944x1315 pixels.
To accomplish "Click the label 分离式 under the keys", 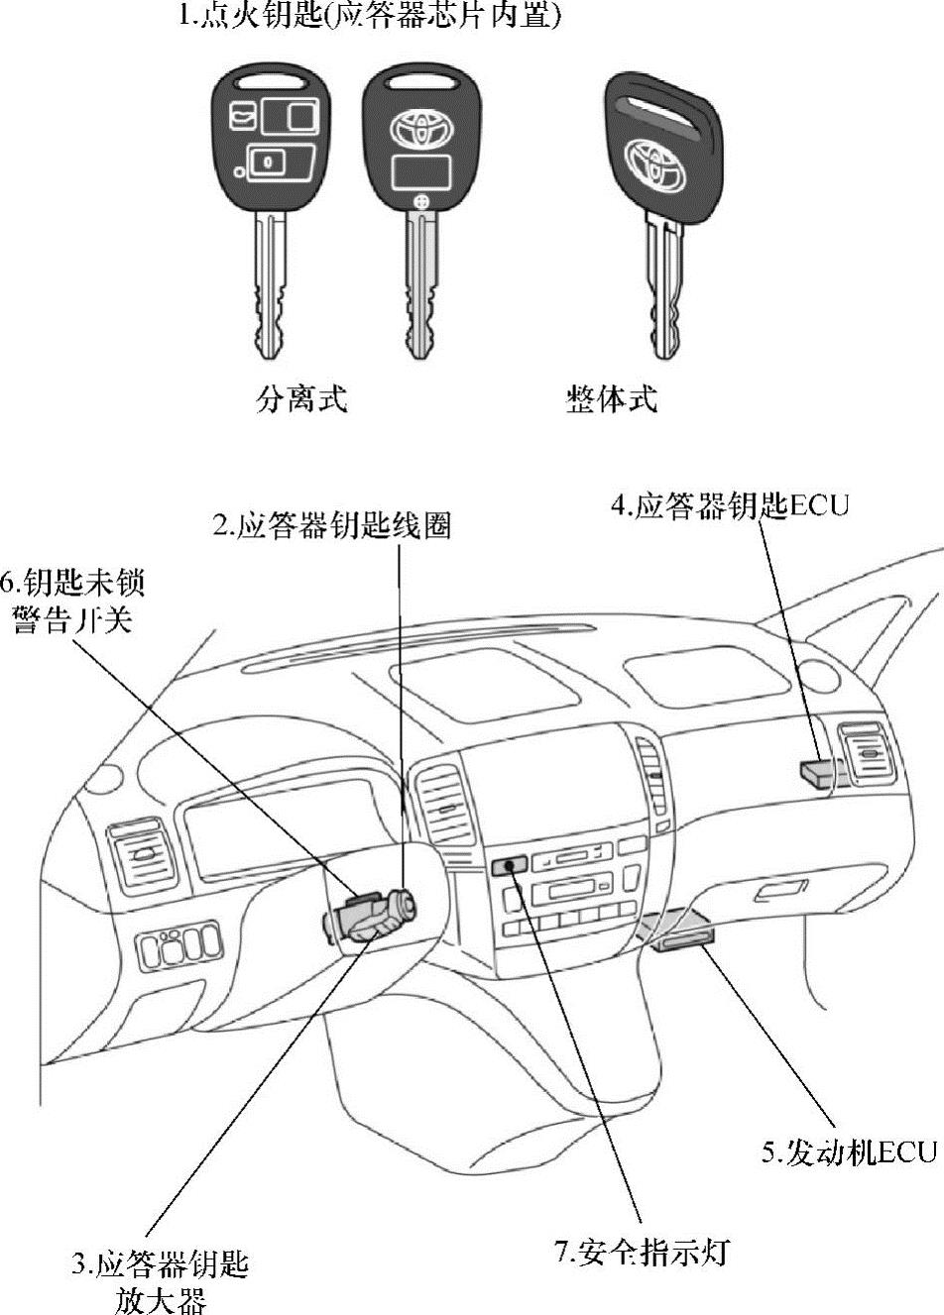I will [x=302, y=399].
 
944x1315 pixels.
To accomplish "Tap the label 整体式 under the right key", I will [x=612, y=399].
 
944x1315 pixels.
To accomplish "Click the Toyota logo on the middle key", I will [x=420, y=129].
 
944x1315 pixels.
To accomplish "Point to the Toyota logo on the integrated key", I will [x=654, y=161].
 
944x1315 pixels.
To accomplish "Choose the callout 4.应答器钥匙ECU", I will [x=730, y=505].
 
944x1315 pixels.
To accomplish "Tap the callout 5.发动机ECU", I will [x=849, y=1151].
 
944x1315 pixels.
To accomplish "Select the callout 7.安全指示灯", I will [x=642, y=1252].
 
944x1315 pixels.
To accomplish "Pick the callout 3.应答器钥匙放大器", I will [x=160, y=1281].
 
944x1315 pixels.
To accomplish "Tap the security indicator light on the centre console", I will [x=508, y=867].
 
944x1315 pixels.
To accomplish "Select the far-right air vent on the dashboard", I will [x=868, y=755].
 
